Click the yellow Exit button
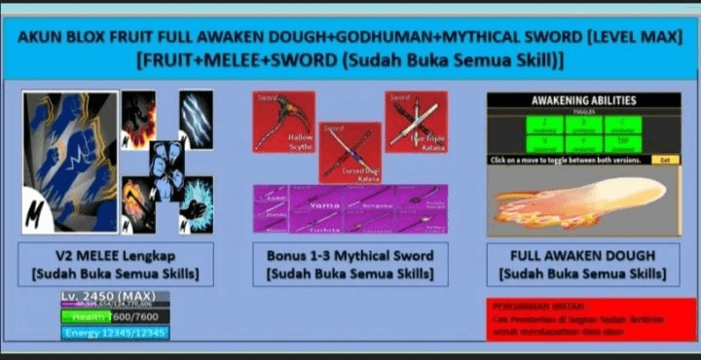666,159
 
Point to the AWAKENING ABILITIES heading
584,100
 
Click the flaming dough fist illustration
584,199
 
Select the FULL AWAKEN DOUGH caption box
584,264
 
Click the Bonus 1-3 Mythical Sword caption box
350,264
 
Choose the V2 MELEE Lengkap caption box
116,264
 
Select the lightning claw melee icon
196,119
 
